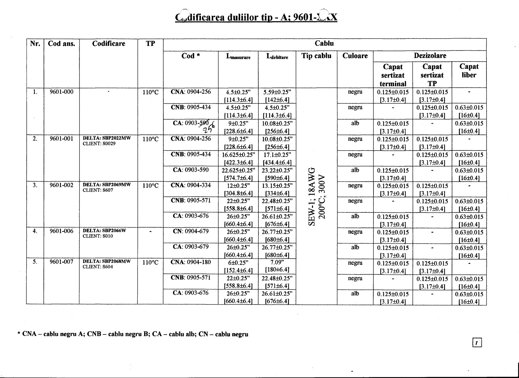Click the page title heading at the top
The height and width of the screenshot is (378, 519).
click(x=256, y=17)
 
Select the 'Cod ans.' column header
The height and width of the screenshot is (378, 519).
click(x=62, y=44)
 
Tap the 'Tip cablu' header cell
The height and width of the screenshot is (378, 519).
click(x=316, y=56)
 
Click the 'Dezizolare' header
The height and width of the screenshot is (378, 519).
click(x=430, y=56)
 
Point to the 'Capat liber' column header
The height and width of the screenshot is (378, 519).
click(x=469, y=71)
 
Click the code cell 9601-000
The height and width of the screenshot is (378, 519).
click(x=62, y=92)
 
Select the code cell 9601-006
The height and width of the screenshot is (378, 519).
click(x=62, y=231)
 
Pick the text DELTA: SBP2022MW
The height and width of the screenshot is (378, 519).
click(x=107, y=138)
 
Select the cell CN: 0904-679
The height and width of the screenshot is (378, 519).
click(x=191, y=231)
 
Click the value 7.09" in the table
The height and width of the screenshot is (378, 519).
click(x=277, y=262)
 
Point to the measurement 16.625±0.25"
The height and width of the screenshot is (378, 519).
click(x=238, y=155)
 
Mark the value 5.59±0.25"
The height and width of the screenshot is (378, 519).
click(x=277, y=92)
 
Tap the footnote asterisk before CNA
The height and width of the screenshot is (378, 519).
click(x=19, y=334)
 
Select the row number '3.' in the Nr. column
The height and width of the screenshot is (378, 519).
click(x=35, y=185)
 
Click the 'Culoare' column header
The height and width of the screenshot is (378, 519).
click(x=355, y=56)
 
